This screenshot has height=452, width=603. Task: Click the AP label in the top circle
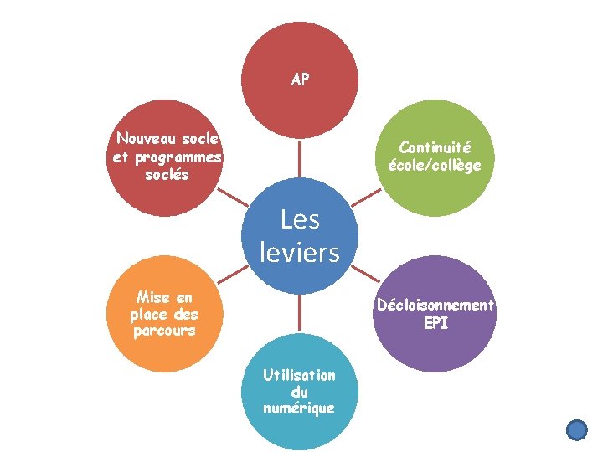300,80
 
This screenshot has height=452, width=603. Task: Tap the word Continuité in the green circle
434,146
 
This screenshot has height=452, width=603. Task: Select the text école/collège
434,165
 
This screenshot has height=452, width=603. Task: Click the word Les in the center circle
300,219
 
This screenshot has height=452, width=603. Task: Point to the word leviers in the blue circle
300,251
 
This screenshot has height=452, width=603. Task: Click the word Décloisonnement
435,305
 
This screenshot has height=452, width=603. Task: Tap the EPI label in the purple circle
435,323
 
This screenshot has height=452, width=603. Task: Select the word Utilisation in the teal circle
299,375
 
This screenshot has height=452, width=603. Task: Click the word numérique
299,408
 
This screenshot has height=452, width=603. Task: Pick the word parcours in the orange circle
164,331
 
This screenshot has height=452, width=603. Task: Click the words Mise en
164,297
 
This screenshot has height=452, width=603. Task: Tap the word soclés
167,175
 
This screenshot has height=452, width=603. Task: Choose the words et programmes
167,157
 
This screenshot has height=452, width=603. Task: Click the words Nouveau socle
167,137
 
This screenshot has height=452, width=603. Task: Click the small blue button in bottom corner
577,430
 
